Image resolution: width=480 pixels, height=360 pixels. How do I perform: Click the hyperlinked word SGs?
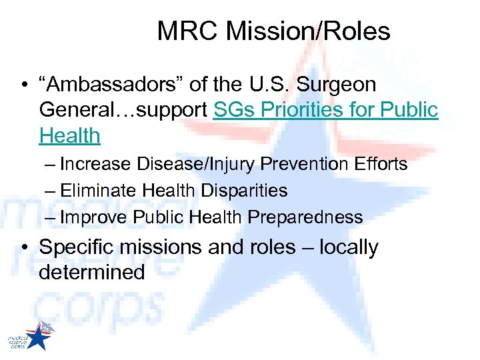(x=234, y=111)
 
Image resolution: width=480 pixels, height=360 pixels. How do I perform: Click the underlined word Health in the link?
(x=69, y=136)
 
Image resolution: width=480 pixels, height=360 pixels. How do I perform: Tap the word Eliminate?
(x=99, y=191)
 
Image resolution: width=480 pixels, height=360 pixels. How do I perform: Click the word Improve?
(x=94, y=217)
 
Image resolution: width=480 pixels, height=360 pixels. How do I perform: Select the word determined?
(x=92, y=272)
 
